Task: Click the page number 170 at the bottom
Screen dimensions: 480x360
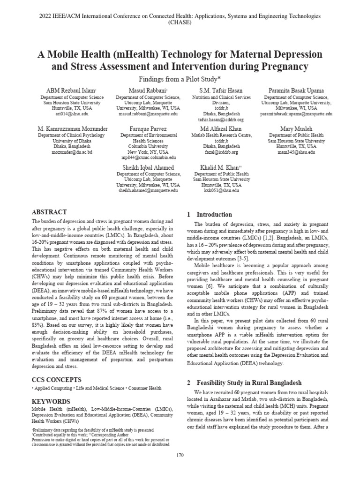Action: click(180, 455)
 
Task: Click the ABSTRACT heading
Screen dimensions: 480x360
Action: click(49, 212)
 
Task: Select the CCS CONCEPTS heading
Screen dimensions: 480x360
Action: click(57, 379)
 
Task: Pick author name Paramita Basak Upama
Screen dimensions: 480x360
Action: click(289, 90)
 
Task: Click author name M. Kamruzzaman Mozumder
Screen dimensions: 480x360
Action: click(72, 128)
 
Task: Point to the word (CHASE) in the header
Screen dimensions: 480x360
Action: click(180, 22)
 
